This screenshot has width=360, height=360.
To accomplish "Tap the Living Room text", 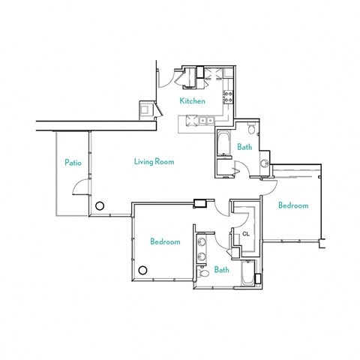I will tap(154, 161).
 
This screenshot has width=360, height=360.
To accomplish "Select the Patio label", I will tap(72, 161).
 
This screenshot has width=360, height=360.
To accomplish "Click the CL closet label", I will tap(245, 235).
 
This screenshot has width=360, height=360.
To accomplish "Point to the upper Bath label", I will tap(244, 147).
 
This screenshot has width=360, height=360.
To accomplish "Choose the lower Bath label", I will tap(221, 270).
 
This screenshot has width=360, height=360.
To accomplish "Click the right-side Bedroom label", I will tap(292, 205).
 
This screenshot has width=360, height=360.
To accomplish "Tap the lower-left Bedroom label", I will tap(164, 241).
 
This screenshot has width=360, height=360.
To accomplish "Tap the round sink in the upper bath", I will tap(264, 163).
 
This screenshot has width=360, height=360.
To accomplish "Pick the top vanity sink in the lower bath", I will tap(202, 244).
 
